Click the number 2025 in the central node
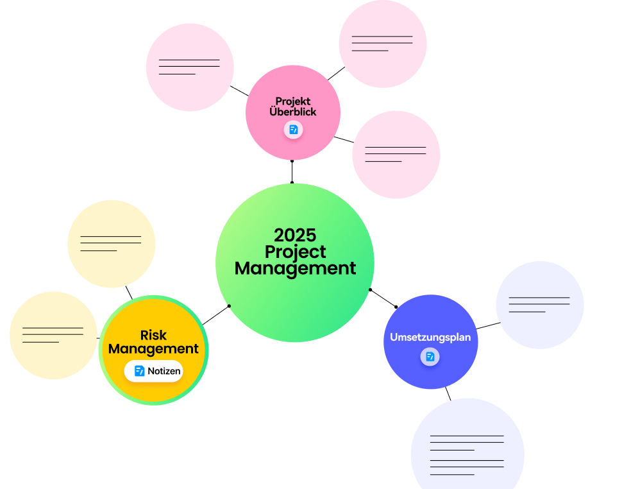point(295,235)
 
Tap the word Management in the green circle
point(295,268)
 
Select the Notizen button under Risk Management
point(154,371)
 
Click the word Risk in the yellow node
point(153,335)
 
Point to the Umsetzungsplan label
point(430,337)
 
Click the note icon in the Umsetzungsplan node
point(430,357)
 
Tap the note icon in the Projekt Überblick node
point(293,130)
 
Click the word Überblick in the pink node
point(293,112)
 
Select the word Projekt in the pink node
point(293,101)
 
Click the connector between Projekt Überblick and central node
point(292,171)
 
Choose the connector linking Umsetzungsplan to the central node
point(383,298)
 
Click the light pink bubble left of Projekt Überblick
point(190,67)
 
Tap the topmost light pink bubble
point(383,44)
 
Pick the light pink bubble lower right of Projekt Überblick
point(396,155)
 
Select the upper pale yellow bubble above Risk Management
point(112,244)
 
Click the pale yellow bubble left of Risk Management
point(53,336)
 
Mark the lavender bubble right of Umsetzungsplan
point(540,305)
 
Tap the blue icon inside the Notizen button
point(140,371)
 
